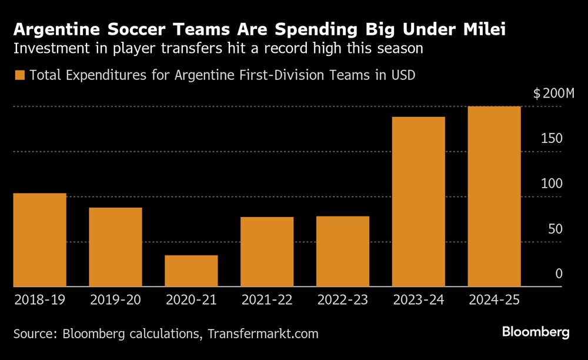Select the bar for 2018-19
pyautogui.click(x=39, y=240)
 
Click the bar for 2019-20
pyautogui.click(x=115, y=247)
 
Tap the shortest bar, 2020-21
pyautogui.click(x=191, y=271)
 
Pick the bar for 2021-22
pyautogui.click(x=267, y=252)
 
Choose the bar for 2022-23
pyautogui.click(x=343, y=252)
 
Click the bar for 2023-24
pyautogui.click(x=419, y=202)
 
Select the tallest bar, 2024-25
pyautogui.click(x=494, y=196)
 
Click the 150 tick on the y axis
pyautogui.click(x=552, y=138)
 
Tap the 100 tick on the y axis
pyautogui.click(x=552, y=184)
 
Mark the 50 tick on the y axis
pyautogui.click(x=555, y=229)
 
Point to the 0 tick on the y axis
pyautogui.click(x=559, y=274)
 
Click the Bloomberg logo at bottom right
pyautogui.click(x=536, y=332)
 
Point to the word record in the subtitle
pyautogui.click(x=298, y=48)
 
